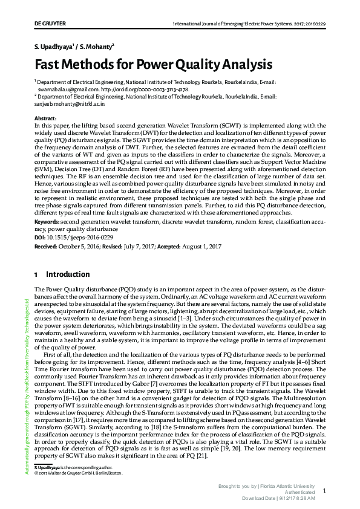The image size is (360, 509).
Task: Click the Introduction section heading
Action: tap(68, 274)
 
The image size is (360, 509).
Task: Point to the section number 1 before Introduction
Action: tap(36, 274)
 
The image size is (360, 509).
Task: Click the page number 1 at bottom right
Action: tap(324, 491)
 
